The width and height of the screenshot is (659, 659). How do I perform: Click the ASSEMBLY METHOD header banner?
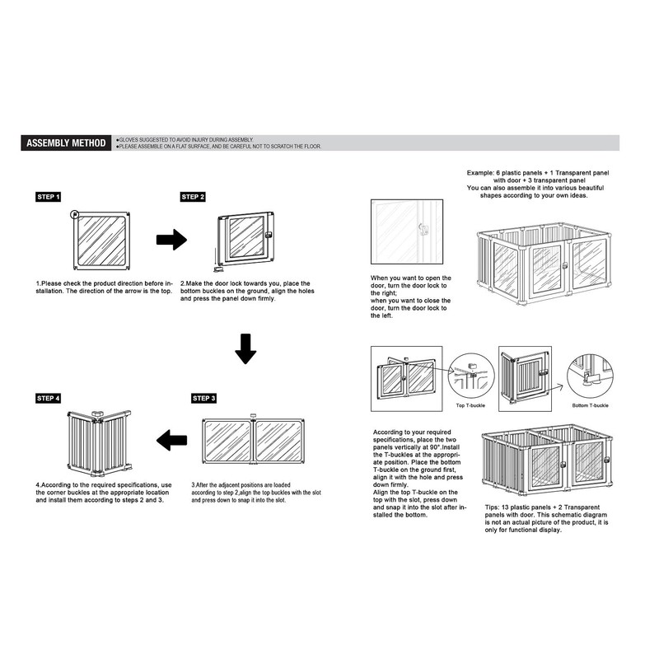[66, 143]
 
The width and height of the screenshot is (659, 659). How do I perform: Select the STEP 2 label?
[194, 198]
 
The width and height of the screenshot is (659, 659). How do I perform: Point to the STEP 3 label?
[204, 399]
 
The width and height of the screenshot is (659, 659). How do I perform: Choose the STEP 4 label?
[49, 399]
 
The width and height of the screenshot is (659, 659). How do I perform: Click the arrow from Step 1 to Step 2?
[171, 240]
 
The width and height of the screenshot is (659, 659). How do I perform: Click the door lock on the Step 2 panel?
[268, 237]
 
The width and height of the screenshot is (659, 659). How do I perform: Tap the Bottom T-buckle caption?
[590, 407]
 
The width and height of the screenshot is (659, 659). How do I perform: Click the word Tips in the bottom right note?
[492, 507]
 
